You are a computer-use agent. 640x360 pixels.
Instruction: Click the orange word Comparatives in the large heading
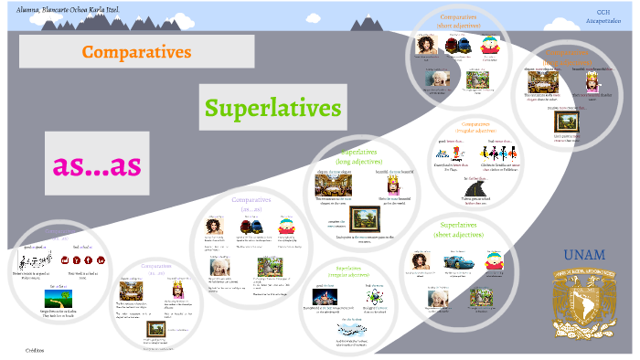pyautogui.click(x=136, y=51)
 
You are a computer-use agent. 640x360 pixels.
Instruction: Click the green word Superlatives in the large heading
pyautogui.click(x=272, y=108)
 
